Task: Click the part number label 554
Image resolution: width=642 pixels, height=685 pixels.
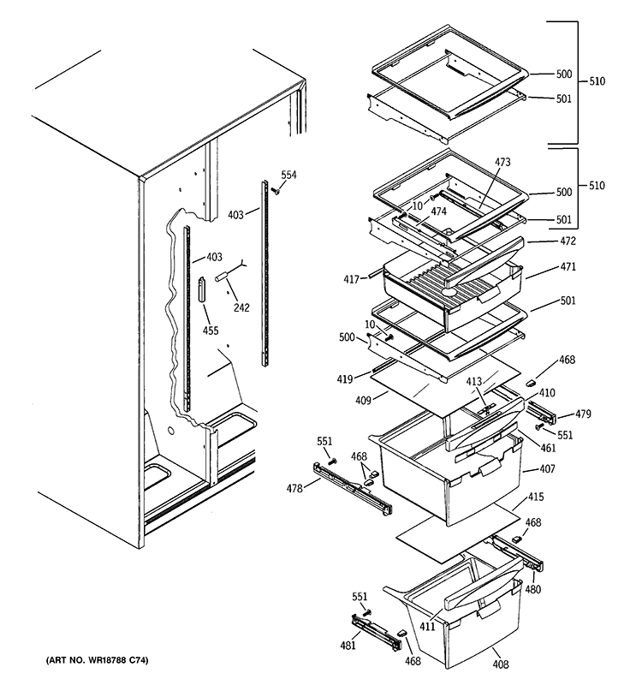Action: [x=289, y=175]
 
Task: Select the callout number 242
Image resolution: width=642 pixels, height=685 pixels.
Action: [x=241, y=308]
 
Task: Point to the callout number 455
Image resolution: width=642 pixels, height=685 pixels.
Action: [x=210, y=331]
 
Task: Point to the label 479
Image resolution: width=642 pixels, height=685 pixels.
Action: [x=584, y=415]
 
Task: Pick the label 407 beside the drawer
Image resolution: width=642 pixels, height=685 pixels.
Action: [x=548, y=470]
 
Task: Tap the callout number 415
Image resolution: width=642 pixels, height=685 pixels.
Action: [x=535, y=496]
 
